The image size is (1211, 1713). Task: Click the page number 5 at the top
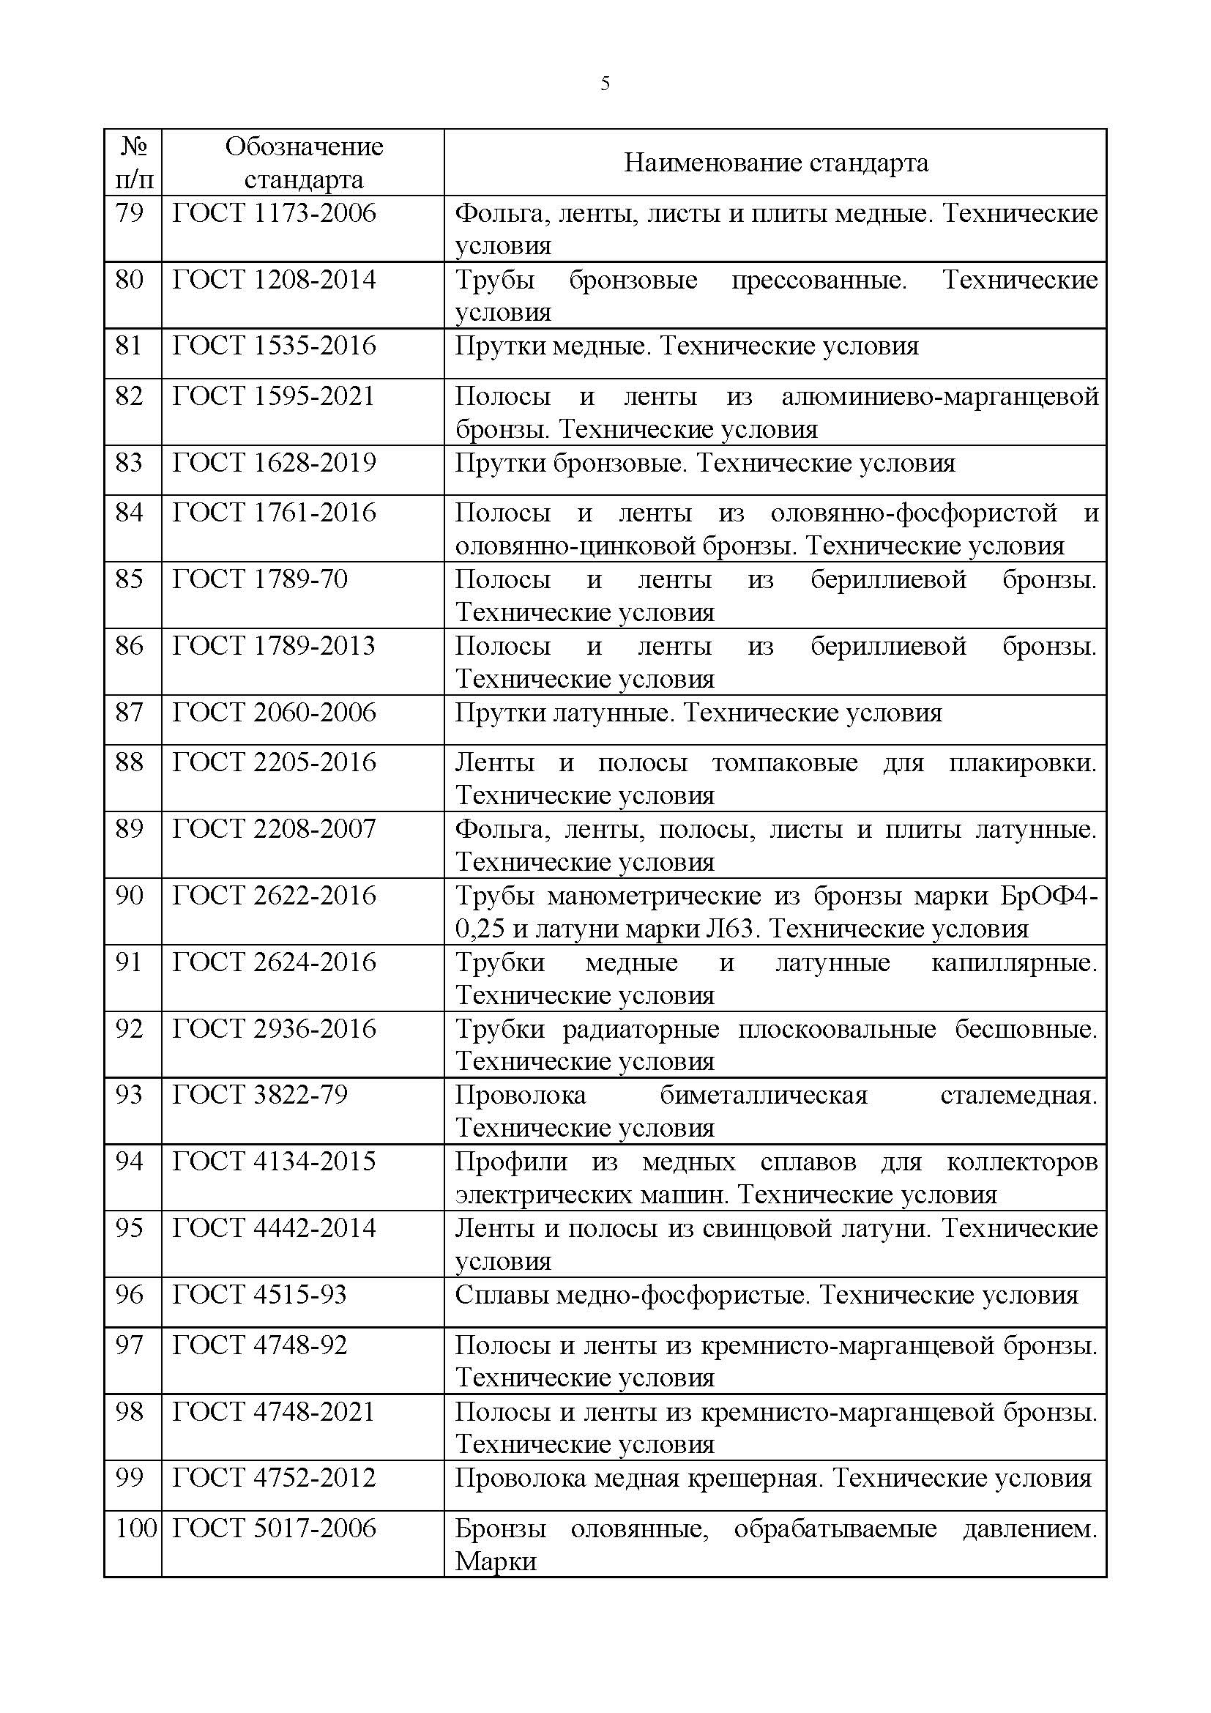pos(605,83)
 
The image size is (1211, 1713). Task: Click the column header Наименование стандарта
pos(775,163)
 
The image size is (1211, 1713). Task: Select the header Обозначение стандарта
pos(304,163)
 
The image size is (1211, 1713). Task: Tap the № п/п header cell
pos(133,163)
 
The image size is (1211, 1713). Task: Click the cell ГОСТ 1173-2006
pos(275,214)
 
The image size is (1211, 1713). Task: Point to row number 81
pos(129,346)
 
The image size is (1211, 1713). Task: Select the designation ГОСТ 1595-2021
pos(274,396)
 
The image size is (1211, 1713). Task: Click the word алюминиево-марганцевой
pos(939,396)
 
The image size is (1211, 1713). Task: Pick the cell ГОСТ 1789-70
pos(260,580)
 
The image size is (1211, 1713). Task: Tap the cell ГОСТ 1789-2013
pos(274,646)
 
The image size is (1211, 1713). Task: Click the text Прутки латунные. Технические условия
pos(698,713)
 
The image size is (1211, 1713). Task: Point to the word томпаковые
pos(784,763)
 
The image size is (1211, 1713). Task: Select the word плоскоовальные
pos(837,1030)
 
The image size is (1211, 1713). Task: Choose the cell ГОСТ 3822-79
pos(260,1095)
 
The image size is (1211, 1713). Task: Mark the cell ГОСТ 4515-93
pos(259,1294)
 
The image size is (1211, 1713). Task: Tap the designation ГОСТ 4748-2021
pos(274,1411)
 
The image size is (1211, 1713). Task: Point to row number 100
pos(135,1528)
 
